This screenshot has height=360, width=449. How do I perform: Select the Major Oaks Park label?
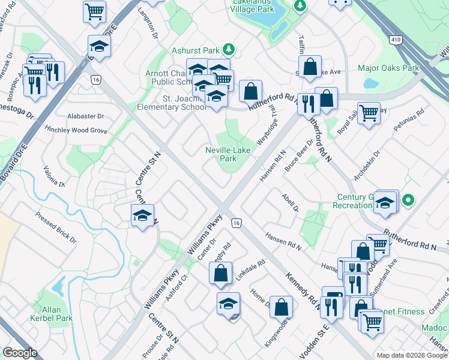point(388,68)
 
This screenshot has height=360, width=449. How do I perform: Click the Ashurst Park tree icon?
point(228,49)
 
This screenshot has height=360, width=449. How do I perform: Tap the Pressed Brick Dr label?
point(56,227)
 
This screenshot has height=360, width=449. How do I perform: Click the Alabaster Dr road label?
point(86,116)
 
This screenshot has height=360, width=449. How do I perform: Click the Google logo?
point(20,353)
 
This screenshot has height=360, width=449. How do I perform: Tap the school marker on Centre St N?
point(142,216)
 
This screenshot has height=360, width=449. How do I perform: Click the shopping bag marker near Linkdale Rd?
point(221,273)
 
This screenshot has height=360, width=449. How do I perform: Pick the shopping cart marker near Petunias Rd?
point(369,112)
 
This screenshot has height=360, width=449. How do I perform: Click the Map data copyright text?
point(412,355)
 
